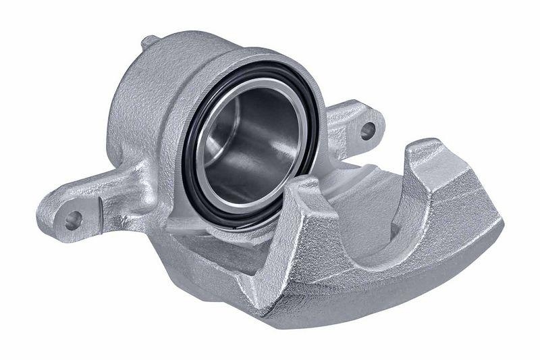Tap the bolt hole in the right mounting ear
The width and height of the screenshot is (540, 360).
368,130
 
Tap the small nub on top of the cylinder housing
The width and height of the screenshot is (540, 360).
149,42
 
